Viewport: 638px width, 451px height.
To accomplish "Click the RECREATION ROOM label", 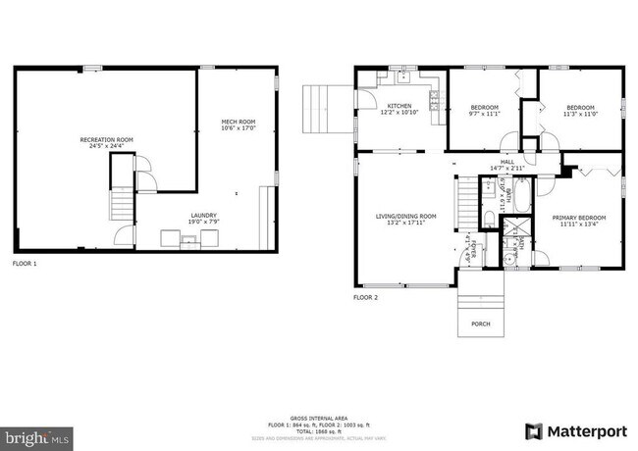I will pyautogui.click(x=106, y=140).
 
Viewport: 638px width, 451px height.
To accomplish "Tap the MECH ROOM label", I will pyautogui.click(x=238, y=122).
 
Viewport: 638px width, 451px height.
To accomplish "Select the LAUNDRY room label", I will pyautogui.click(x=204, y=216).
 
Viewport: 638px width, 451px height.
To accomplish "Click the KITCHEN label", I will pyautogui.click(x=399, y=105).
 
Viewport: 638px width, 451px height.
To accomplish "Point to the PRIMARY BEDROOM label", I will pyautogui.click(x=578, y=217).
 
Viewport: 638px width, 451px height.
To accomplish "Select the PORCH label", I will pyautogui.click(x=480, y=324).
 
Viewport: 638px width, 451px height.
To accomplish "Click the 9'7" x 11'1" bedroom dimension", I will pyautogui.click(x=485, y=114).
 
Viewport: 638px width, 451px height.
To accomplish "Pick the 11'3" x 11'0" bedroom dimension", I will pyautogui.click(x=579, y=114).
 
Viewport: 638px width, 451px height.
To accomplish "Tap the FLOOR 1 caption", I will pyautogui.click(x=24, y=264).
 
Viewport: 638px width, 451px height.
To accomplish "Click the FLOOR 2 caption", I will pyautogui.click(x=365, y=296).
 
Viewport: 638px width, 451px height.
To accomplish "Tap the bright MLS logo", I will pyautogui.click(x=35, y=432).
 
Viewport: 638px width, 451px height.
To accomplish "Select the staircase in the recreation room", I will pyautogui.click(x=120, y=204).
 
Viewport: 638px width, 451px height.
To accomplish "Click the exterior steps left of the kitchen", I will pyautogui.click(x=318, y=109).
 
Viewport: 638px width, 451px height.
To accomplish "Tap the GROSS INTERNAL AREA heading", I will pyautogui.click(x=319, y=417).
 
